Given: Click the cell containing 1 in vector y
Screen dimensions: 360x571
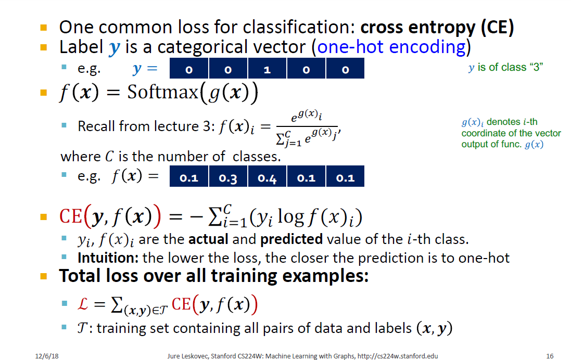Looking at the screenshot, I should (267, 70).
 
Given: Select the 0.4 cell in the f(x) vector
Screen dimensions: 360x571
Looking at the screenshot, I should (267, 178).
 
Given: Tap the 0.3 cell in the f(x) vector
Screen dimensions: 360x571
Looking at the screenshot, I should (228, 178).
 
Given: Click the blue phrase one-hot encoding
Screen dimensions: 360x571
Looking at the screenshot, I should (391, 47).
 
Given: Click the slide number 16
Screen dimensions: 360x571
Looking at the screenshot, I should (550, 356).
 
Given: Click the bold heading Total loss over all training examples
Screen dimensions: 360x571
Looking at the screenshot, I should (214, 276).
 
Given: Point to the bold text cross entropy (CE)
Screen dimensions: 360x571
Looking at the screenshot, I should (437, 27).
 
